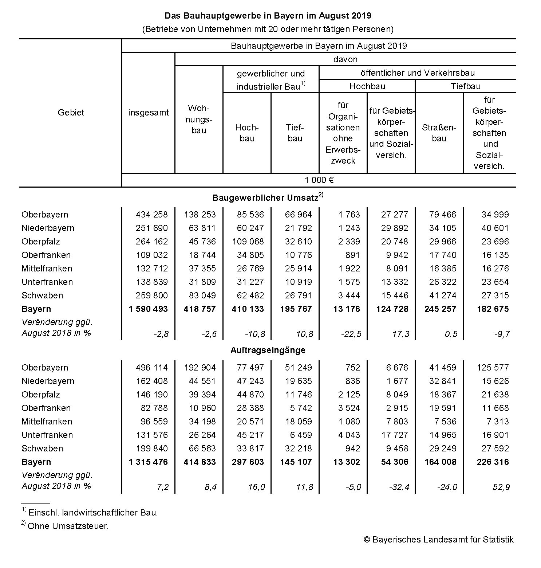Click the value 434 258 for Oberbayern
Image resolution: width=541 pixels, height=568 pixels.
click(151, 215)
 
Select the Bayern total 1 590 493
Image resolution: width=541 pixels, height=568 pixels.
click(148, 309)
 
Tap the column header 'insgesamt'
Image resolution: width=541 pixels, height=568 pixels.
click(148, 113)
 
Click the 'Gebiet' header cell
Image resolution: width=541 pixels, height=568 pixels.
click(71, 113)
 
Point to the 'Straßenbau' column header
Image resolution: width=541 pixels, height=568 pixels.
click(439, 133)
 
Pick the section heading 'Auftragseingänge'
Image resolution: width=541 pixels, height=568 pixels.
click(268, 350)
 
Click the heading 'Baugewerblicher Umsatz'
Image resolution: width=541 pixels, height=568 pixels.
click(265, 198)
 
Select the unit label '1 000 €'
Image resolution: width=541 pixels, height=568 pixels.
click(319, 180)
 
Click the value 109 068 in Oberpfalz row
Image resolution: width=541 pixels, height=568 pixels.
click(248, 242)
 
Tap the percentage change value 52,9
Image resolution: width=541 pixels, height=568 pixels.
click(501, 487)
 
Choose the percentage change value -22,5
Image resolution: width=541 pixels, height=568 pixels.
click(351, 334)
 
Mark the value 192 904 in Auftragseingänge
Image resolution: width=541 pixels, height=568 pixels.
click(200, 368)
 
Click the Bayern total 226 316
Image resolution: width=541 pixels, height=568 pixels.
click(493, 462)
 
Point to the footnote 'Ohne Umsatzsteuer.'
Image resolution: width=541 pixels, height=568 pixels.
click(68, 526)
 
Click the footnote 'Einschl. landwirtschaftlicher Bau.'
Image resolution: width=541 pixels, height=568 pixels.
click(93, 513)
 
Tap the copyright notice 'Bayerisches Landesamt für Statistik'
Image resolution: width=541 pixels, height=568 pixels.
click(438, 540)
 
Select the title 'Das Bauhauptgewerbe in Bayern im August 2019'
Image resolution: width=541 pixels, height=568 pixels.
click(268, 16)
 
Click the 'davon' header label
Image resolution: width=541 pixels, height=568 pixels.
click(345, 59)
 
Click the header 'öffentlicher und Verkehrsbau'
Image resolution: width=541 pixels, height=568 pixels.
click(418, 73)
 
